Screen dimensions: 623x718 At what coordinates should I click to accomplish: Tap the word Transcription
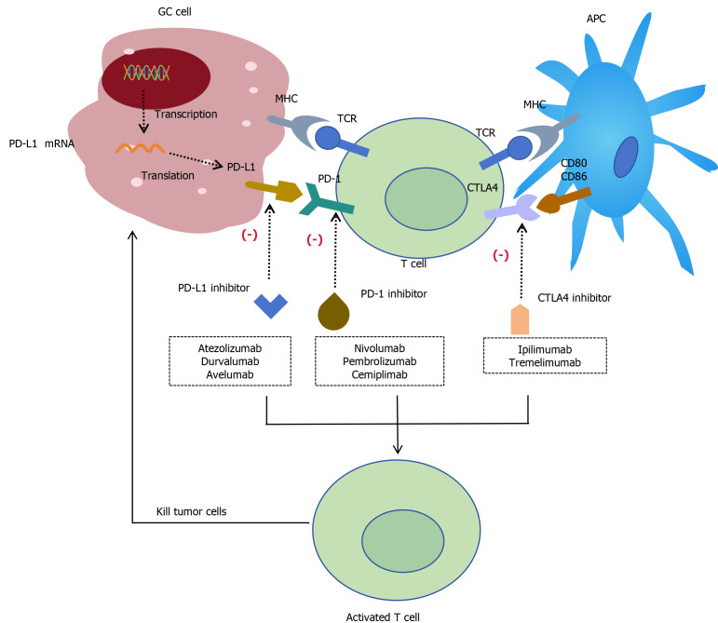[186, 114]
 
